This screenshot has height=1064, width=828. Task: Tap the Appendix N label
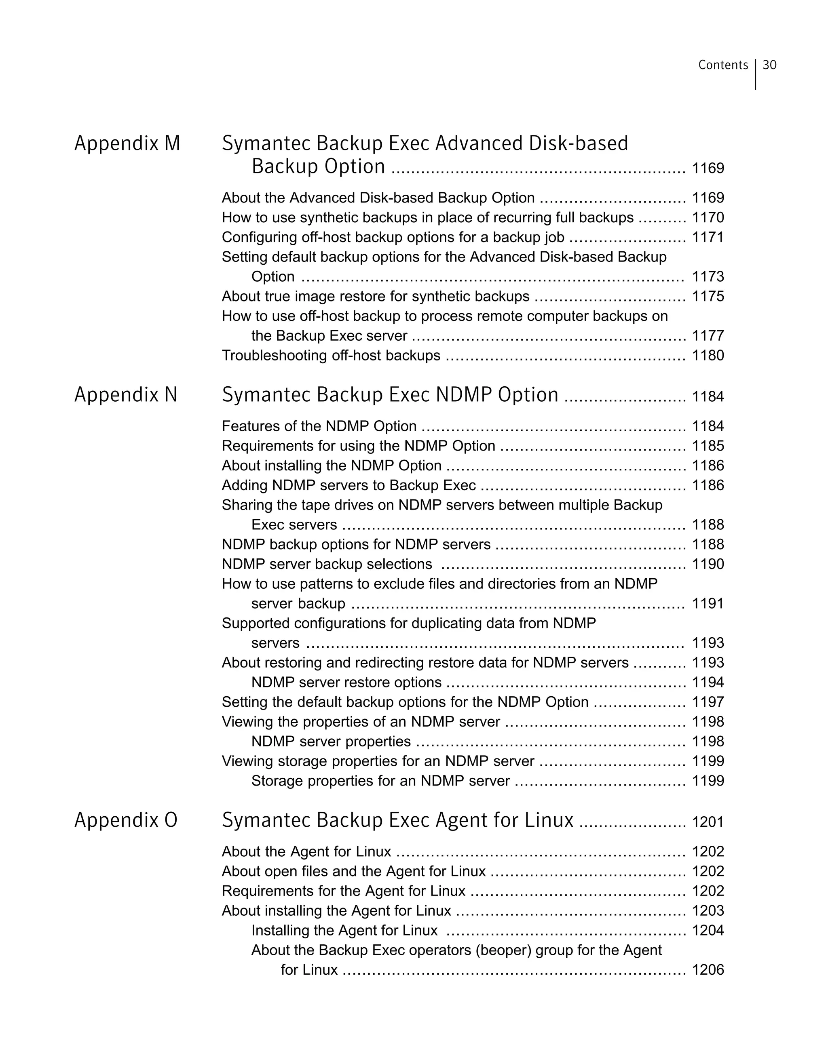click(126, 395)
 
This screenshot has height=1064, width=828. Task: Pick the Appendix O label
click(126, 820)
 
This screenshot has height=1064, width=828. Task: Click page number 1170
click(708, 218)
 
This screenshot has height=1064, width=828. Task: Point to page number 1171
click(708, 237)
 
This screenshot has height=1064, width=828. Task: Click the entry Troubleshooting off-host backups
click(331, 356)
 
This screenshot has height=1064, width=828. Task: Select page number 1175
click(708, 296)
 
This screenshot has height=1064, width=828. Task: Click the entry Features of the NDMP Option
click(319, 426)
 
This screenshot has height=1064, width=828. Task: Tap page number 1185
click(708, 446)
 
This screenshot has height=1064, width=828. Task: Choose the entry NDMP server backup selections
click(327, 564)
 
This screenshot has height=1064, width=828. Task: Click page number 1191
click(708, 604)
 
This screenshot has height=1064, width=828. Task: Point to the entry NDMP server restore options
click(346, 682)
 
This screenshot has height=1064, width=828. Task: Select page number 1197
click(708, 702)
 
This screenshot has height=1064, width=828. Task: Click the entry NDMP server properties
click(331, 742)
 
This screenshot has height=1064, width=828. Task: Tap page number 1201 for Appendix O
click(708, 822)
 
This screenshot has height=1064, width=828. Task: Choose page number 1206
click(708, 970)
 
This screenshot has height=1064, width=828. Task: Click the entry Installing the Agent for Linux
click(344, 931)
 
